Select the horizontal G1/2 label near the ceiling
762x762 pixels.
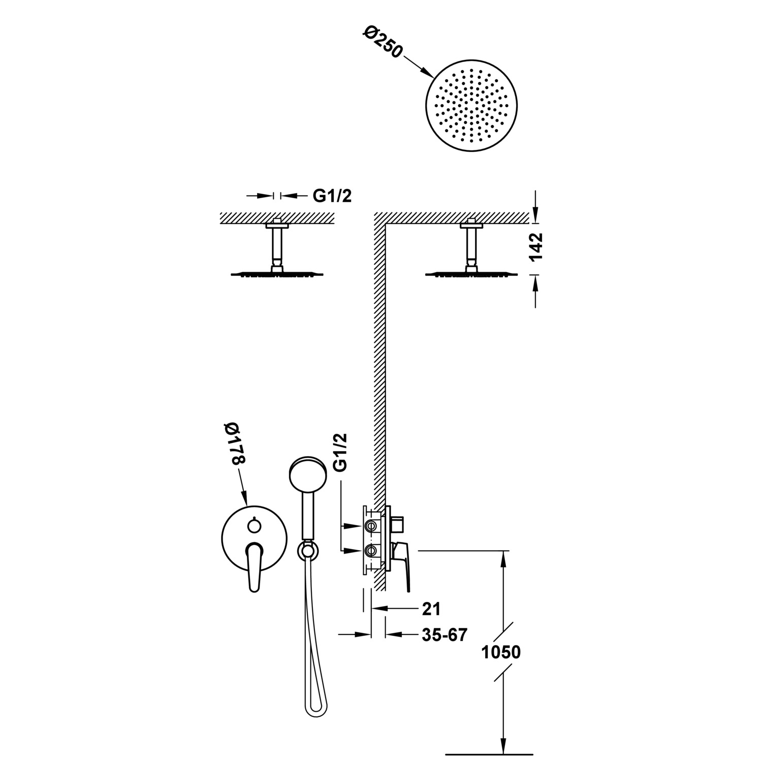tap(332, 196)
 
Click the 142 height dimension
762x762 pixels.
tap(536, 247)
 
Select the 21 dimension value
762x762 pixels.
tap(431, 608)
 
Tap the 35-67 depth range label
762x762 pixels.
tap(444, 634)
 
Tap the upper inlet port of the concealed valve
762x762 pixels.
tap(371, 525)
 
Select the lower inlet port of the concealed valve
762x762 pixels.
tap(371, 550)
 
